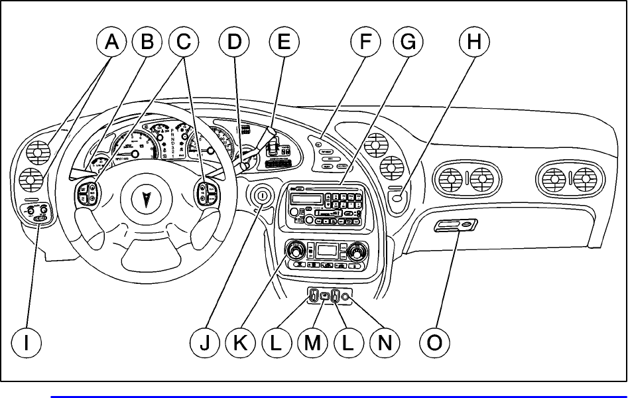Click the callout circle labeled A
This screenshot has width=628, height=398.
click(111, 43)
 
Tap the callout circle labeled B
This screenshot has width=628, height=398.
click(147, 43)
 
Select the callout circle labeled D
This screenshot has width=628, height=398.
click(234, 43)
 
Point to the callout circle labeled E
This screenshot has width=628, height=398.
click(283, 43)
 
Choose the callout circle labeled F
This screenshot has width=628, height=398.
click(366, 43)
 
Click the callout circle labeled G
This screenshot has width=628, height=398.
click(407, 43)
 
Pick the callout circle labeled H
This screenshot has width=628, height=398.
click(473, 43)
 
